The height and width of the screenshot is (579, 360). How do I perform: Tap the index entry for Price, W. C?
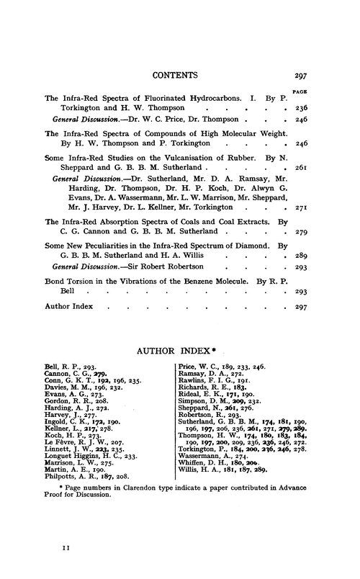(x=204, y=366)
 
